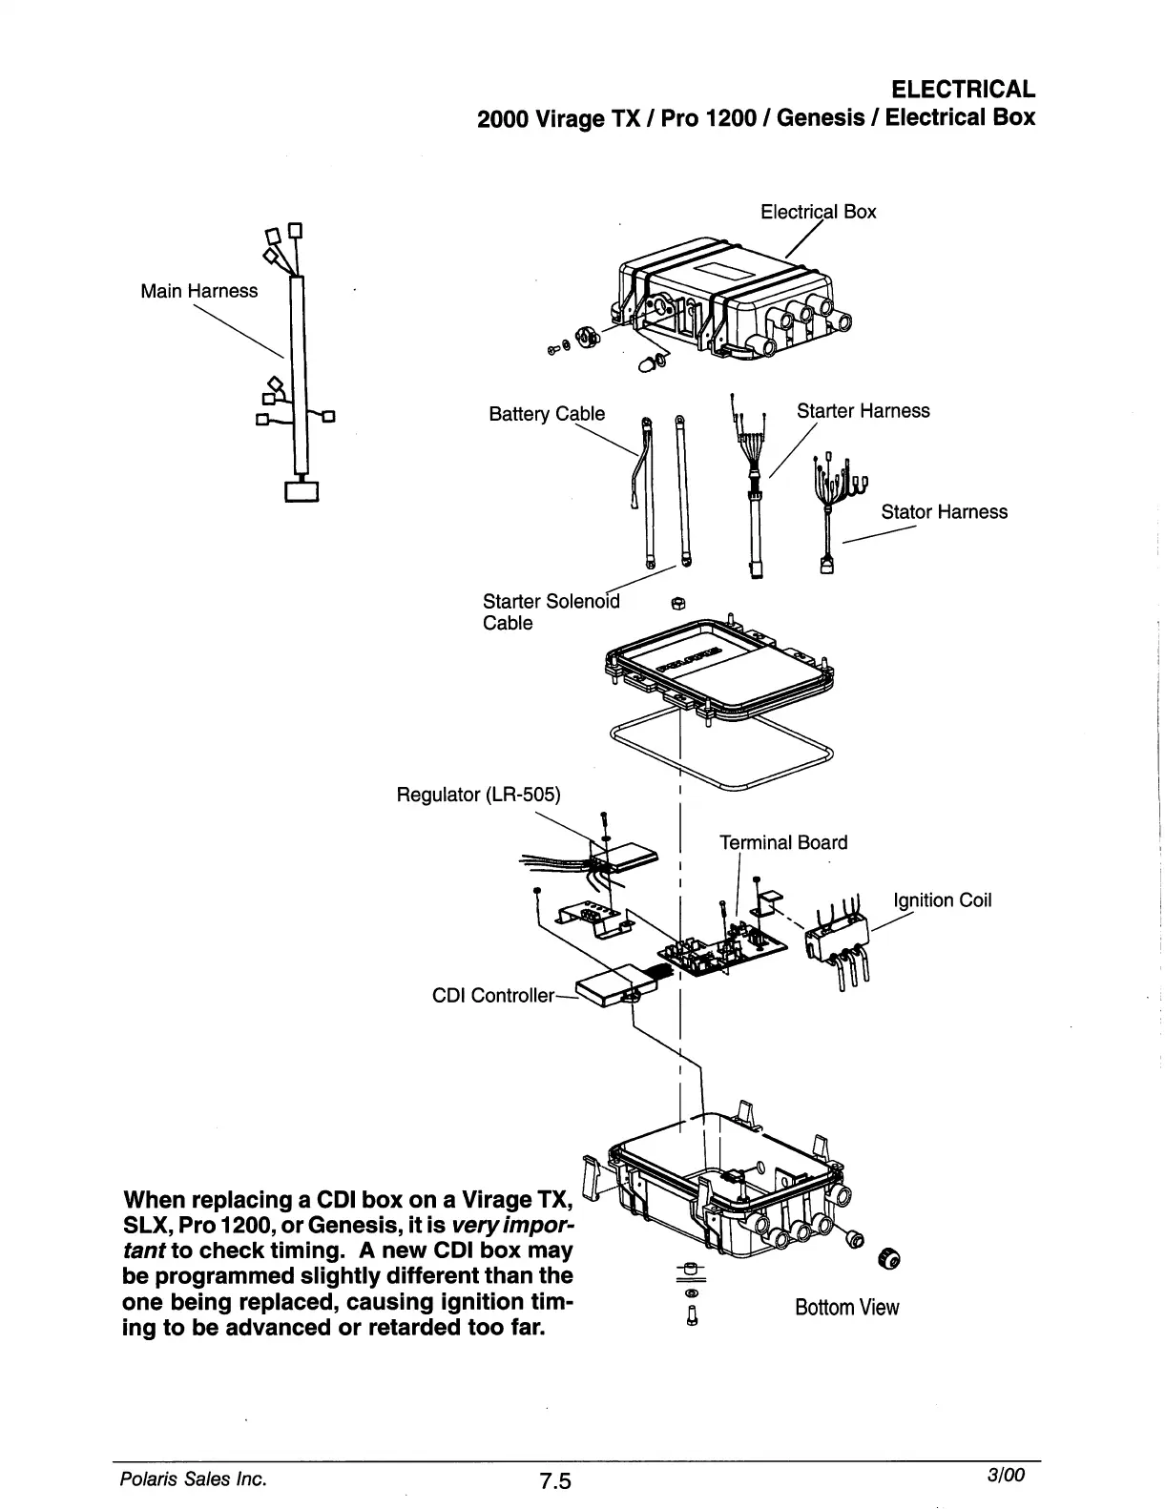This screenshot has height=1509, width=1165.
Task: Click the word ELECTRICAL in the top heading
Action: (x=962, y=90)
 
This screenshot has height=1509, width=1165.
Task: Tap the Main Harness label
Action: (x=198, y=291)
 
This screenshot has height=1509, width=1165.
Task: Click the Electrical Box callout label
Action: (x=818, y=212)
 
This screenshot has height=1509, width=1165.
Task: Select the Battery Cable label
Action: (x=546, y=414)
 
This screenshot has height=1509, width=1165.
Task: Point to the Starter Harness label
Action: (x=863, y=411)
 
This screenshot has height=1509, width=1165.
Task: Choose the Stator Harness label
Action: (x=944, y=512)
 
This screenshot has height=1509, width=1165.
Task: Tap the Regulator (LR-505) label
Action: (x=478, y=795)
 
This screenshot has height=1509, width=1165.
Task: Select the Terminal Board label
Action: (x=782, y=842)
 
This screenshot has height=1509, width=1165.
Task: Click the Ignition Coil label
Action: (x=942, y=900)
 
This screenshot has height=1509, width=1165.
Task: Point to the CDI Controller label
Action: (x=492, y=996)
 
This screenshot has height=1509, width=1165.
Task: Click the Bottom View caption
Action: (x=846, y=1308)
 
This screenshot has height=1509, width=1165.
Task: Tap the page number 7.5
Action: (x=553, y=1481)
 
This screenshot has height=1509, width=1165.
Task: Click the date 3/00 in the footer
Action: (x=1007, y=1476)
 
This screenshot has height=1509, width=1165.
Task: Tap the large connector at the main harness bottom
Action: (x=301, y=490)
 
